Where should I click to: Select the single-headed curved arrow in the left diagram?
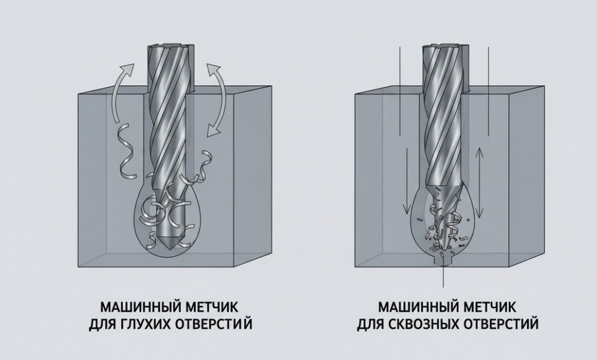click(121, 87)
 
